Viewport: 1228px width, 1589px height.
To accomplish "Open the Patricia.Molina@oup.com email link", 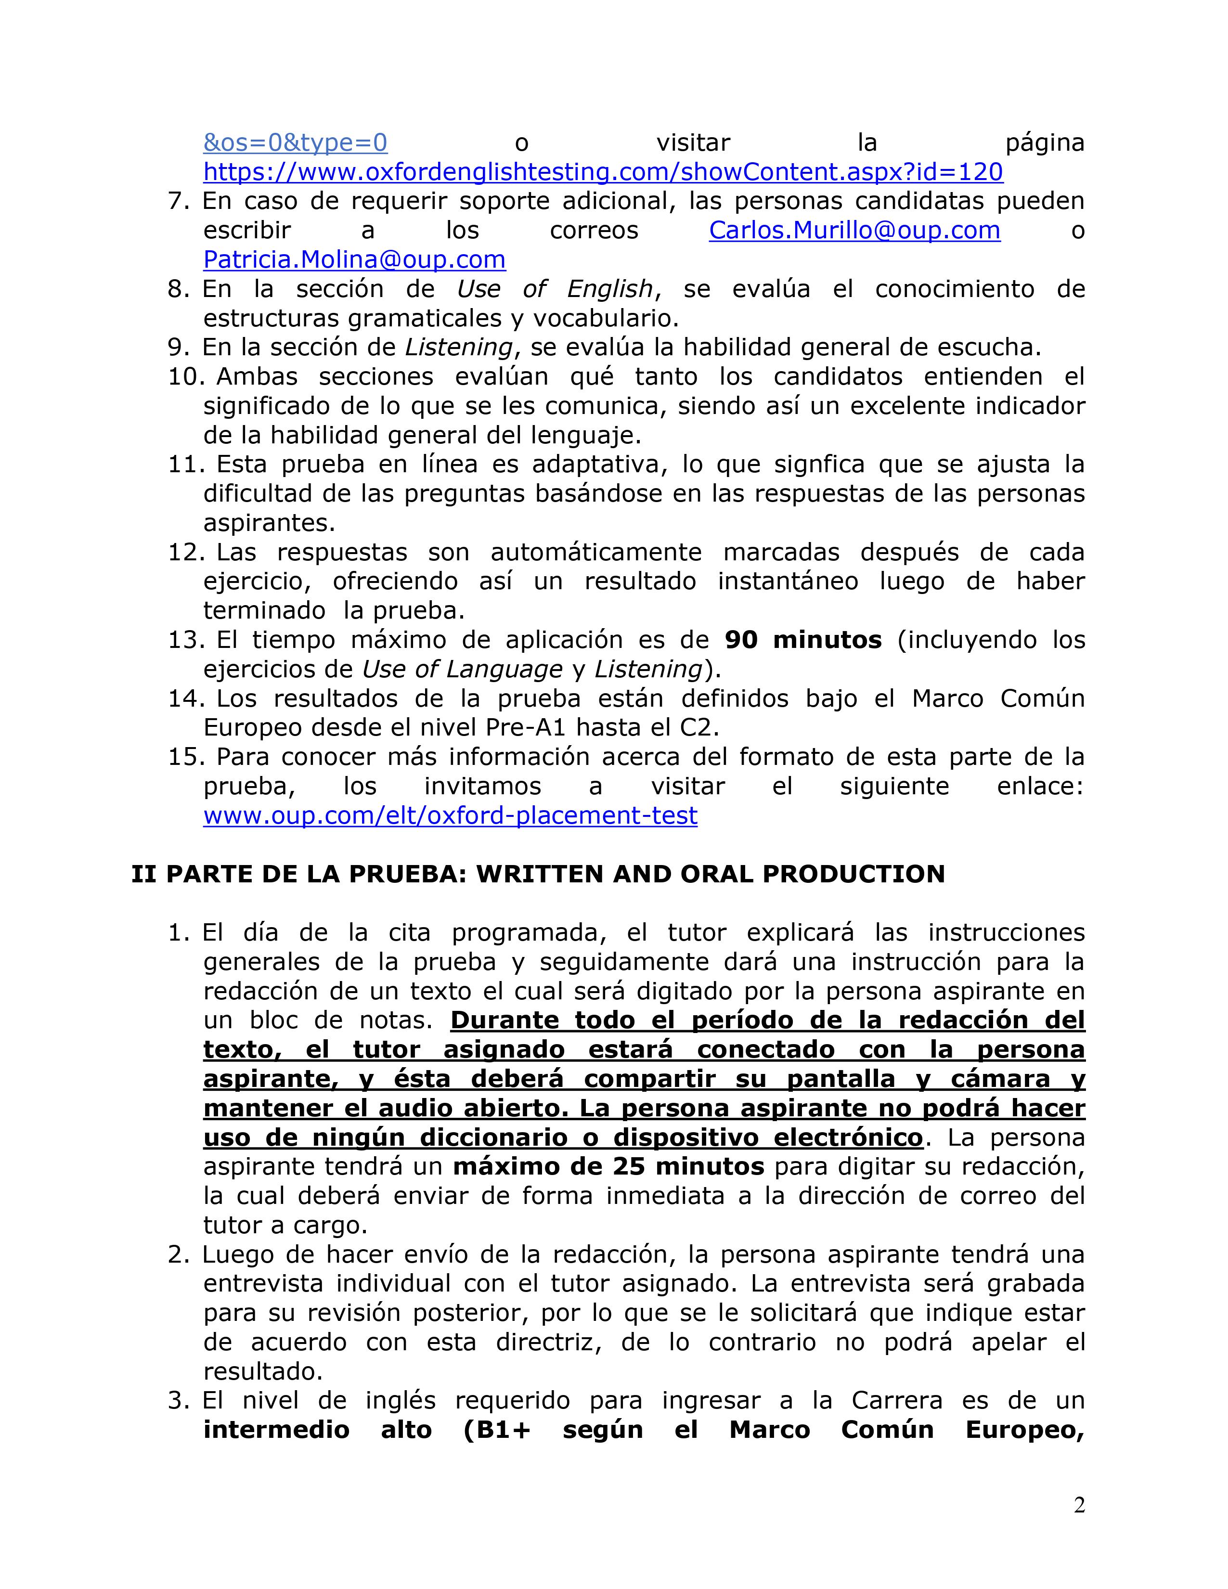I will (x=354, y=260).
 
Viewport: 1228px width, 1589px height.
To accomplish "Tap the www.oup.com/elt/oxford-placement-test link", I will (x=450, y=815).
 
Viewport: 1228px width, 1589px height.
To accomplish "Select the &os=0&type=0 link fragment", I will (x=295, y=142).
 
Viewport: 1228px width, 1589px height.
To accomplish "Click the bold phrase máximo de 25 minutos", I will (x=608, y=1167).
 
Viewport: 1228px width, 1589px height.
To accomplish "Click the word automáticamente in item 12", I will (x=596, y=552).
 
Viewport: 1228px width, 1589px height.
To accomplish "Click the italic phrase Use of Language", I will (x=462, y=670).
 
